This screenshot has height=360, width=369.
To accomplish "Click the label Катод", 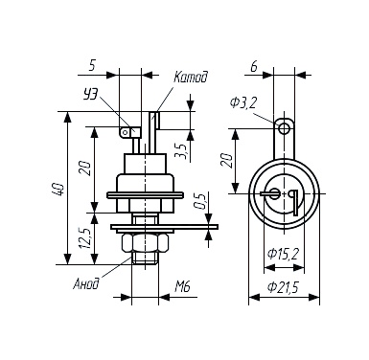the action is point(191,79).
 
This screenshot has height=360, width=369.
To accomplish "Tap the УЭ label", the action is point(90,95).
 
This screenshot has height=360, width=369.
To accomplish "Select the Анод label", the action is point(85,283).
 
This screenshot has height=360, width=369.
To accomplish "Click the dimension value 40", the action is point(59,189).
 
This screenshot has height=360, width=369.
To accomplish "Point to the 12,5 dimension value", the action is point(86,238).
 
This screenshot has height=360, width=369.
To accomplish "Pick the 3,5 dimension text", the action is point(180,152).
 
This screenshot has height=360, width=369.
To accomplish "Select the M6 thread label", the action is point(183,286).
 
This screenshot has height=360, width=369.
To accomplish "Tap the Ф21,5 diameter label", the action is point(283,288).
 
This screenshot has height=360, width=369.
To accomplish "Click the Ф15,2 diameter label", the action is point(283,254).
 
